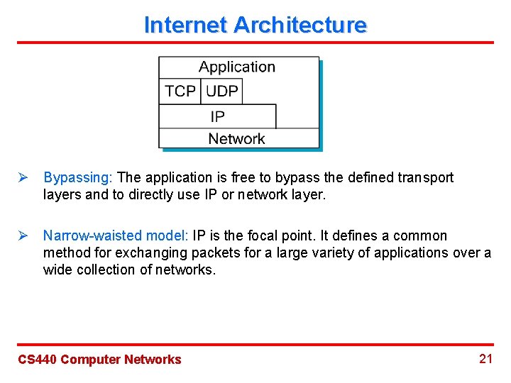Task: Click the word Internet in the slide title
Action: (x=185, y=25)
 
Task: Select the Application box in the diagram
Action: (x=237, y=67)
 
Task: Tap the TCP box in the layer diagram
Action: (x=180, y=91)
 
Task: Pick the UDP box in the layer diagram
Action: (x=221, y=91)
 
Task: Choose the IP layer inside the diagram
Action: (x=217, y=116)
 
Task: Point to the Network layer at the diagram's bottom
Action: (x=236, y=139)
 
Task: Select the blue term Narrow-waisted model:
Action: (x=116, y=235)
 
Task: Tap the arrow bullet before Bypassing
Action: (x=22, y=177)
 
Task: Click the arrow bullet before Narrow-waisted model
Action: (x=22, y=235)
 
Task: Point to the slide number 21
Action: (x=485, y=358)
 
